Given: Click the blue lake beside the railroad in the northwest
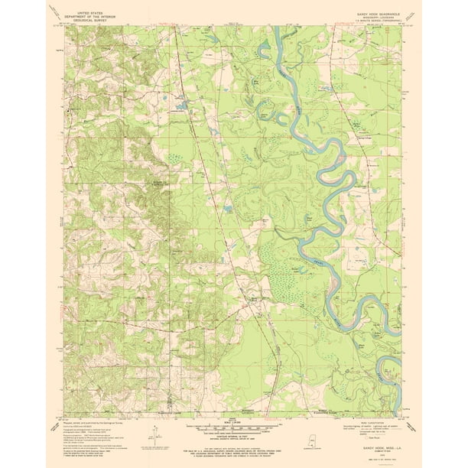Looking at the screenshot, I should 181,105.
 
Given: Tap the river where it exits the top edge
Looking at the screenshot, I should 273,29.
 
